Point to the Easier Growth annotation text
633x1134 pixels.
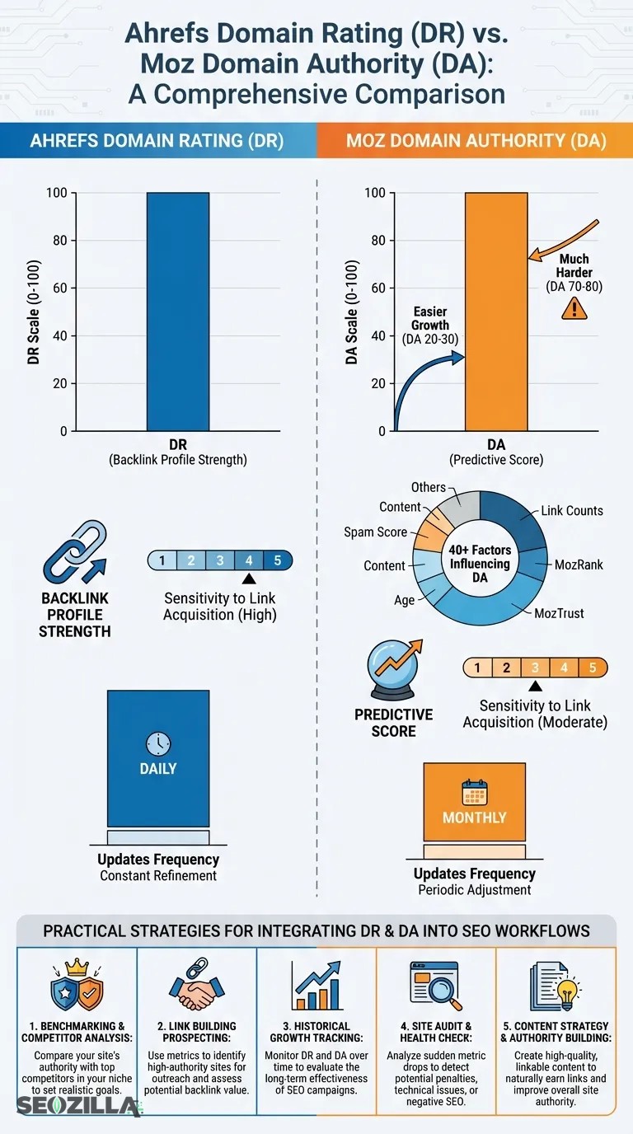430,325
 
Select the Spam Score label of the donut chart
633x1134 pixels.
375,532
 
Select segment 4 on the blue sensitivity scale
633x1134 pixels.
248,560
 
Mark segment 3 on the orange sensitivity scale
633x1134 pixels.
535,668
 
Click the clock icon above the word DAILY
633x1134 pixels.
157,743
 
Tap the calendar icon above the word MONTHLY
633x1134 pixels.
474,792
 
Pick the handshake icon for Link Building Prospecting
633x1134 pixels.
196,986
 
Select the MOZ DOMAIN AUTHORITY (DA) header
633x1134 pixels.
476,141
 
